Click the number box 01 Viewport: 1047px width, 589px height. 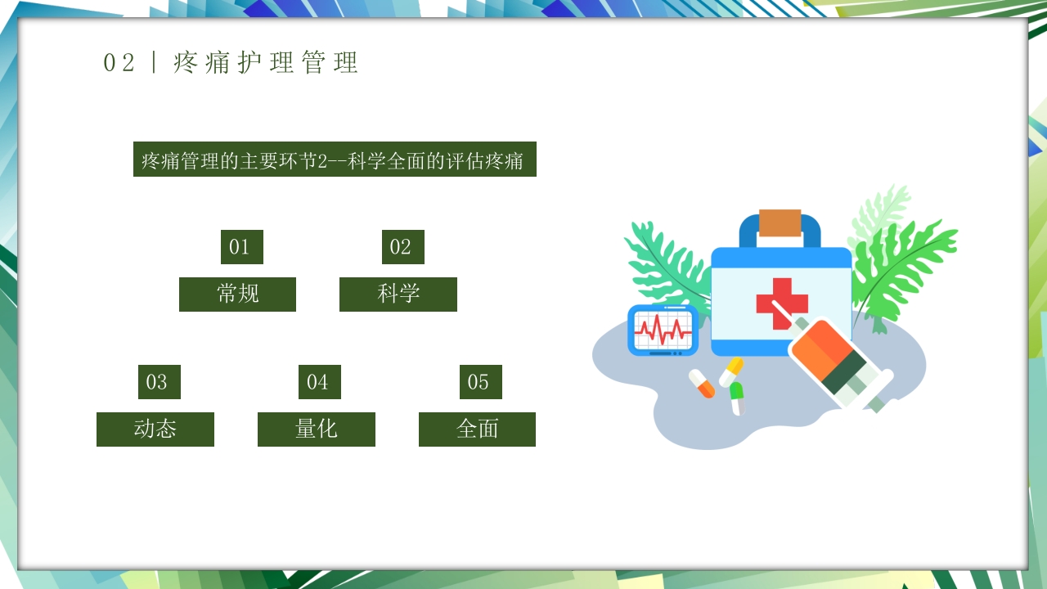(x=241, y=247)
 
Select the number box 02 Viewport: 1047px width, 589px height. (x=402, y=247)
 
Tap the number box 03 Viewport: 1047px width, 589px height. (x=159, y=382)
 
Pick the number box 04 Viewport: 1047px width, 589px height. (x=319, y=382)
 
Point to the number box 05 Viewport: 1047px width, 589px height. (x=480, y=382)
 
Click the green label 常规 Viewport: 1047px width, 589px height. (x=237, y=294)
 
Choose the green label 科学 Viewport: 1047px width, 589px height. (x=398, y=294)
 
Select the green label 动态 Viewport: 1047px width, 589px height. (x=155, y=429)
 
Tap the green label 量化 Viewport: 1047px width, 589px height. (x=316, y=429)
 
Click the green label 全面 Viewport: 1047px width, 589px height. (x=477, y=429)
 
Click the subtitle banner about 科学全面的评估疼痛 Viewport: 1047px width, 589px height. (x=335, y=160)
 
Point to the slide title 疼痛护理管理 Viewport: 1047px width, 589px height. (x=266, y=63)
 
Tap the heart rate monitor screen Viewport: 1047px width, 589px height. (x=663, y=330)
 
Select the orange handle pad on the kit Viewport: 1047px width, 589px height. (x=780, y=223)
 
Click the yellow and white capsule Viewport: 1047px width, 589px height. (x=730, y=371)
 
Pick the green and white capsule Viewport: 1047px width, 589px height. (x=737, y=398)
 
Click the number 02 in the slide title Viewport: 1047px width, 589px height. (x=119, y=63)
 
